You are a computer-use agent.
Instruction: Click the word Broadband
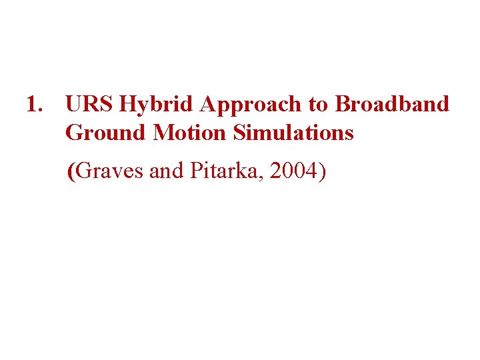(x=392, y=105)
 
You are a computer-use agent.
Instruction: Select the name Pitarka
(x=215, y=172)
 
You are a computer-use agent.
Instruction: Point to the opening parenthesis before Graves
(x=72, y=172)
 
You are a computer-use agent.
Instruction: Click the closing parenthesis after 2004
(x=322, y=172)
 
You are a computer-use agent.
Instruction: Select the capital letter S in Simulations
(x=238, y=133)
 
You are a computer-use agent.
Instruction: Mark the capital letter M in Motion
(x=163, y=133)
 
